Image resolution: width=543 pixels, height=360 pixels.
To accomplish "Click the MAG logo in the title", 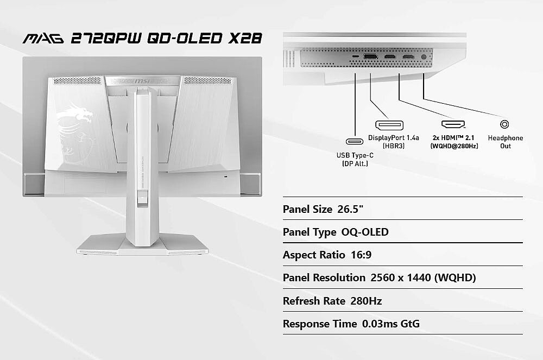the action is [x=43, y=38].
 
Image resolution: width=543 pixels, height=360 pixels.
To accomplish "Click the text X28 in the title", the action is [x=245, y=38].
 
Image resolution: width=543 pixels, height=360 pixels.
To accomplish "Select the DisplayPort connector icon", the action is [x=389, y=125].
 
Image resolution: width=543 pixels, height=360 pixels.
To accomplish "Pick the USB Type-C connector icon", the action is [x=355, y=141].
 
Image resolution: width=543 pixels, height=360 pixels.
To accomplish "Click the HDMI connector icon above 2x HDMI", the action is [x=453, y=124].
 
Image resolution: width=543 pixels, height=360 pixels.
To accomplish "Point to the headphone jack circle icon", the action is [x=504, y=124].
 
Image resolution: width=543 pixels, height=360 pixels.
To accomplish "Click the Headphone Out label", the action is [x=505, y=142].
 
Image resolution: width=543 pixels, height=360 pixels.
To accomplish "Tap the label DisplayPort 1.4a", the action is [x=393, y=138].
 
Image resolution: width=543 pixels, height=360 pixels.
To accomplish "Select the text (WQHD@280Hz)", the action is [x=454, y=146].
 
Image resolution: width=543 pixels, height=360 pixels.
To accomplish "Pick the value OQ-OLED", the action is [x=365, y=232].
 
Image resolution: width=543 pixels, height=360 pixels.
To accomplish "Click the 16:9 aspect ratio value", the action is [x=361, y=255].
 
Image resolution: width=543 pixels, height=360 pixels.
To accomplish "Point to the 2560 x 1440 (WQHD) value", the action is [x=423, y=277].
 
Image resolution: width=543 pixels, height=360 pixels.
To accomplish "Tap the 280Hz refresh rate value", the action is [x=366, y=301].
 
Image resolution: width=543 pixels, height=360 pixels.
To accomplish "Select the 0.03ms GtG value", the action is [x=390, y=324].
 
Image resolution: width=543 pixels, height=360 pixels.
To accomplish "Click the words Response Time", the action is [x=320, y=324].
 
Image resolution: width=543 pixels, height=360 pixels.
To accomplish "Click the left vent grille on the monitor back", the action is [x=77, y=81].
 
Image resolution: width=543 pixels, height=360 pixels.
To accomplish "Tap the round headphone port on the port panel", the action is [x=424, y=57].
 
